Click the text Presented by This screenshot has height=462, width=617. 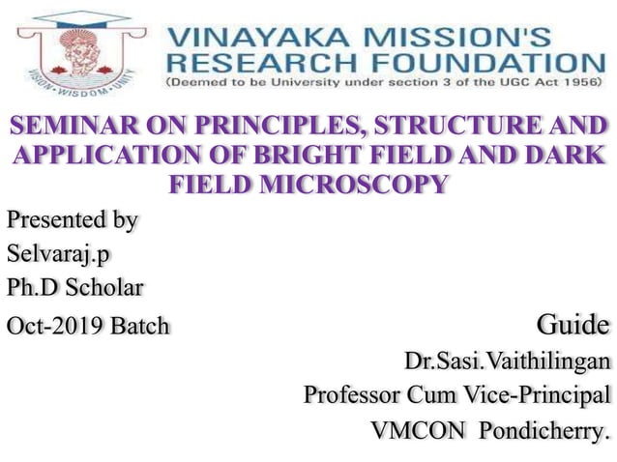[x=72, y=220]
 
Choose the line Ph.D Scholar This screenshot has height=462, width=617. [x=74, y=288]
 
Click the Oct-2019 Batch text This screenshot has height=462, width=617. [x=87, y=325]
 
